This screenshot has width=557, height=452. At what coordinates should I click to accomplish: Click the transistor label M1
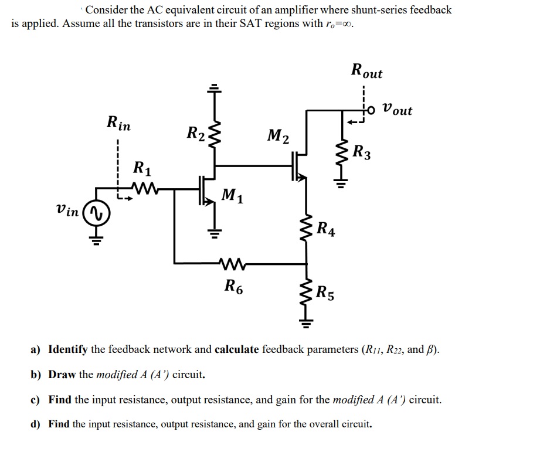233,196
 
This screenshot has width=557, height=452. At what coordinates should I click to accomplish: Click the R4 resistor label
326,228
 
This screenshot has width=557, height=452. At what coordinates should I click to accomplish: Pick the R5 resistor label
326,292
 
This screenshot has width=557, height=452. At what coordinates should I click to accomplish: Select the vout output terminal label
397,110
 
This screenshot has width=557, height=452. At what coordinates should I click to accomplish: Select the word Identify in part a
67,350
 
